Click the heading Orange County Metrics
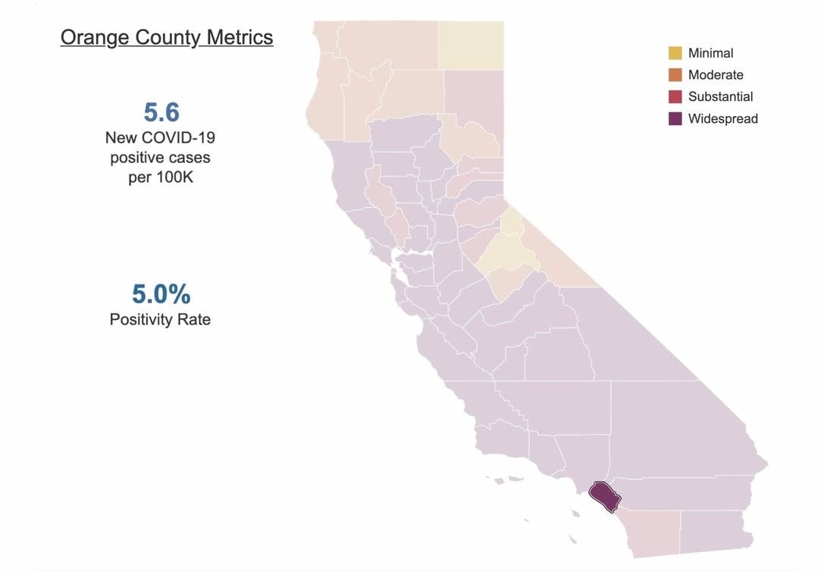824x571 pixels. (167, 37)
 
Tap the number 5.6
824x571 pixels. (161, 112)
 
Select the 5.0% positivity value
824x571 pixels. (161, 293)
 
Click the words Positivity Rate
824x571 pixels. (160, 319)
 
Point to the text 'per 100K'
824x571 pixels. (160, 179)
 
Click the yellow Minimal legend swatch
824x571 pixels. (675, 53)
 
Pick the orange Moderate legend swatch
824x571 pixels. (675, 74)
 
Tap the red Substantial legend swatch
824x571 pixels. (675, 96)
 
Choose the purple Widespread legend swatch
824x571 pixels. (675, 118)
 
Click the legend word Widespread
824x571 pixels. (722, 118)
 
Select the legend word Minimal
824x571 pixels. (710, 53)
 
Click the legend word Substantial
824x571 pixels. (720, 96)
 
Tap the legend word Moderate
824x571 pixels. (716, 74)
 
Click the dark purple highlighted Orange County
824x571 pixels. (604, 496)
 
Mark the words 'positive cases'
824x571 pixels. (160, 158)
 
